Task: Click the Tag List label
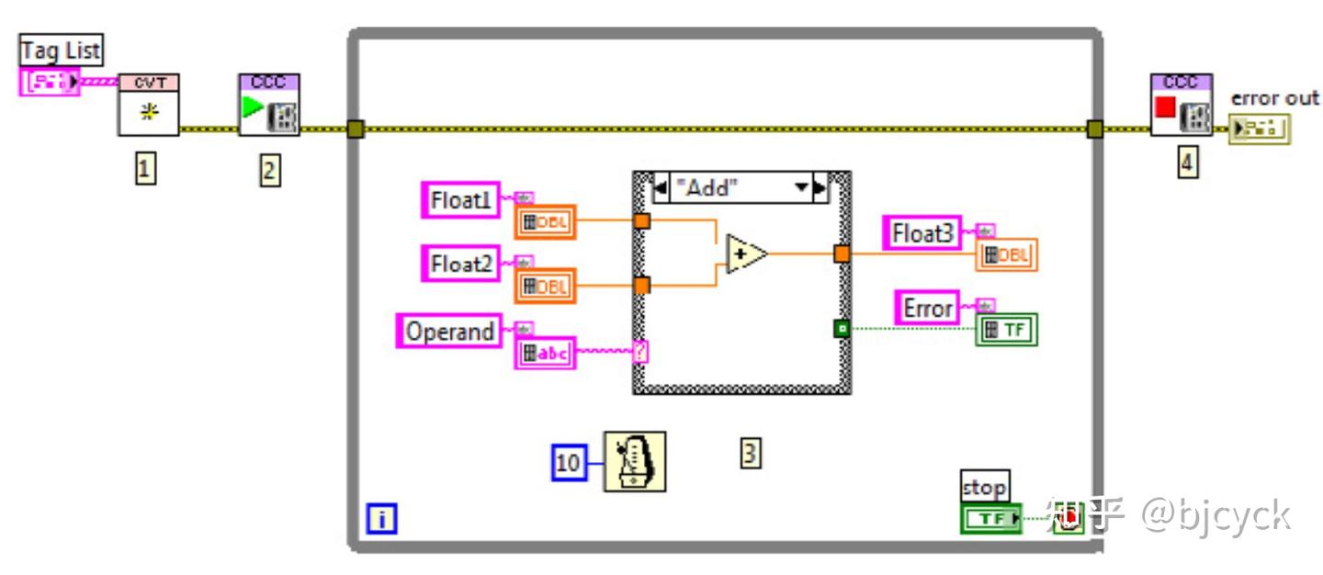tap(62, 50)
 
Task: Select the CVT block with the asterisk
tap(148, 105)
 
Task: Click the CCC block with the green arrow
tap(268, 105)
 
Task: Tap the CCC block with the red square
tap(1181, 105)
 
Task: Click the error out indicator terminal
tap(1261, 129)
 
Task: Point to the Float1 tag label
tap(461, 200)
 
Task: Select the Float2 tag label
tap(461, 264)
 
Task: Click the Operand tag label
tap(449, 331)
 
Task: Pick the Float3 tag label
tap(922, 233)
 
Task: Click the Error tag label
tap(927, 308)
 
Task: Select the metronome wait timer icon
tap(635, 462)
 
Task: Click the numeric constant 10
tap(569, 463)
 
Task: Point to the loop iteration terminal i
tap(381, 520)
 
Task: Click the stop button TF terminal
tap(990, 519)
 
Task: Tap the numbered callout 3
tap(751, 453)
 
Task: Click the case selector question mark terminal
tap(641, 351)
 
